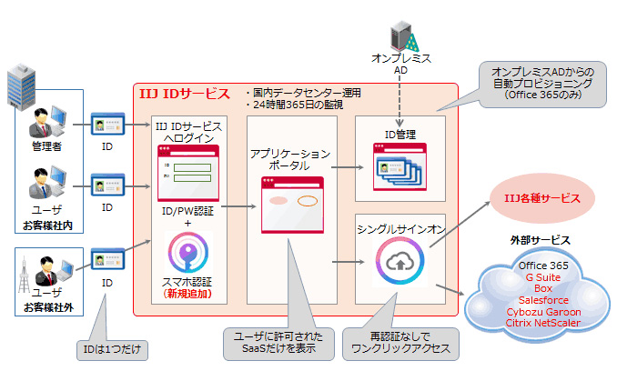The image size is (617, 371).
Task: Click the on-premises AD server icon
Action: click(x=401, y=35)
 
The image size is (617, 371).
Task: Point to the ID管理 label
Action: click(x=400, y=134)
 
